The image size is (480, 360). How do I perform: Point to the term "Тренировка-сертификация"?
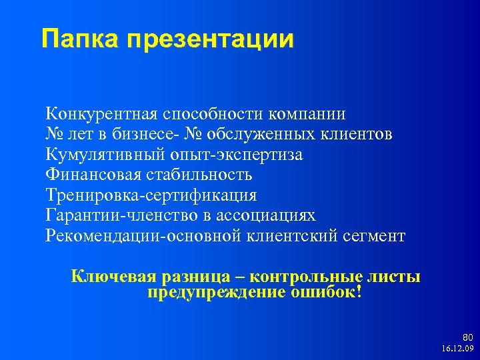point(151,196)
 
